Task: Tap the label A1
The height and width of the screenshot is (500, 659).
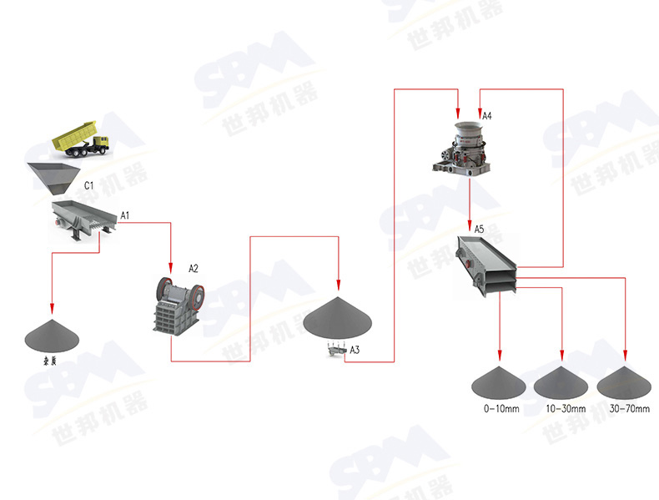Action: [125, 216]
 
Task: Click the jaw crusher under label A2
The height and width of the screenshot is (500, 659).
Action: [178, 305]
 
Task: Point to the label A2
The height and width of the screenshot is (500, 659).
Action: [194, 268]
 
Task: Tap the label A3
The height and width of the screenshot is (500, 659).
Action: [355, 349]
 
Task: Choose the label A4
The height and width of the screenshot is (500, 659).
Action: [487, 115]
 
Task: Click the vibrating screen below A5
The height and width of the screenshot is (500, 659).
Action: [487, 265]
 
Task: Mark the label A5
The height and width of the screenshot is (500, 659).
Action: [479, 228]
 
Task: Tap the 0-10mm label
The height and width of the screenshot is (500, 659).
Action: [501, 409]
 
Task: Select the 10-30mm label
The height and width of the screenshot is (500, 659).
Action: [566, 409]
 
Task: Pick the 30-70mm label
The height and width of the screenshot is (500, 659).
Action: [629, 409]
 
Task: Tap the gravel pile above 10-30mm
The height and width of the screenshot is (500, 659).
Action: [562, 383]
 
